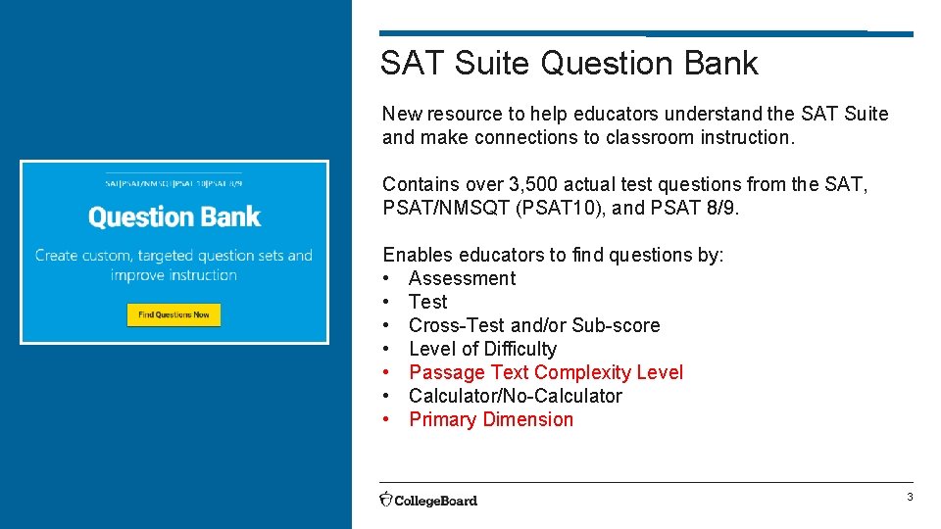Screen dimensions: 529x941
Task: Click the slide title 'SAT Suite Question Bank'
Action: [569, 64]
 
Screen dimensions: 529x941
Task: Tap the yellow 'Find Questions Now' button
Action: [173, 314]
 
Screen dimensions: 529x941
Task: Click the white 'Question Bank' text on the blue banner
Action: [174, 216]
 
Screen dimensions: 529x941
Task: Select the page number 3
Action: [909, 498]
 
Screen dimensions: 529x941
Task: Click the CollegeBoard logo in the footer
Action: [428, 500]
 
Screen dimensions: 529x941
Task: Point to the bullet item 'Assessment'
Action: [462, 278]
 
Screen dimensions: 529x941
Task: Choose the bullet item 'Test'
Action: [427, 302]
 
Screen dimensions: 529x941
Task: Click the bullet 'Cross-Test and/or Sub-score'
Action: [534, 325]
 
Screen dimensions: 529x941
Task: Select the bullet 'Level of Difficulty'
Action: [482, 349]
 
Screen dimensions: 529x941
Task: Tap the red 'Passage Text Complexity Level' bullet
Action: [546, 372]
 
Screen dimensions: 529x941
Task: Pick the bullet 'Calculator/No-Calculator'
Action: [515, 396]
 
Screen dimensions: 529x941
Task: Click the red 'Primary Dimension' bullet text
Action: [491, 419]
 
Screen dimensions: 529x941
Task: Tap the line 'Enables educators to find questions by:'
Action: [553, 255]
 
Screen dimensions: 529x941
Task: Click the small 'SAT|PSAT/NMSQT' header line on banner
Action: [173, 183]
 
